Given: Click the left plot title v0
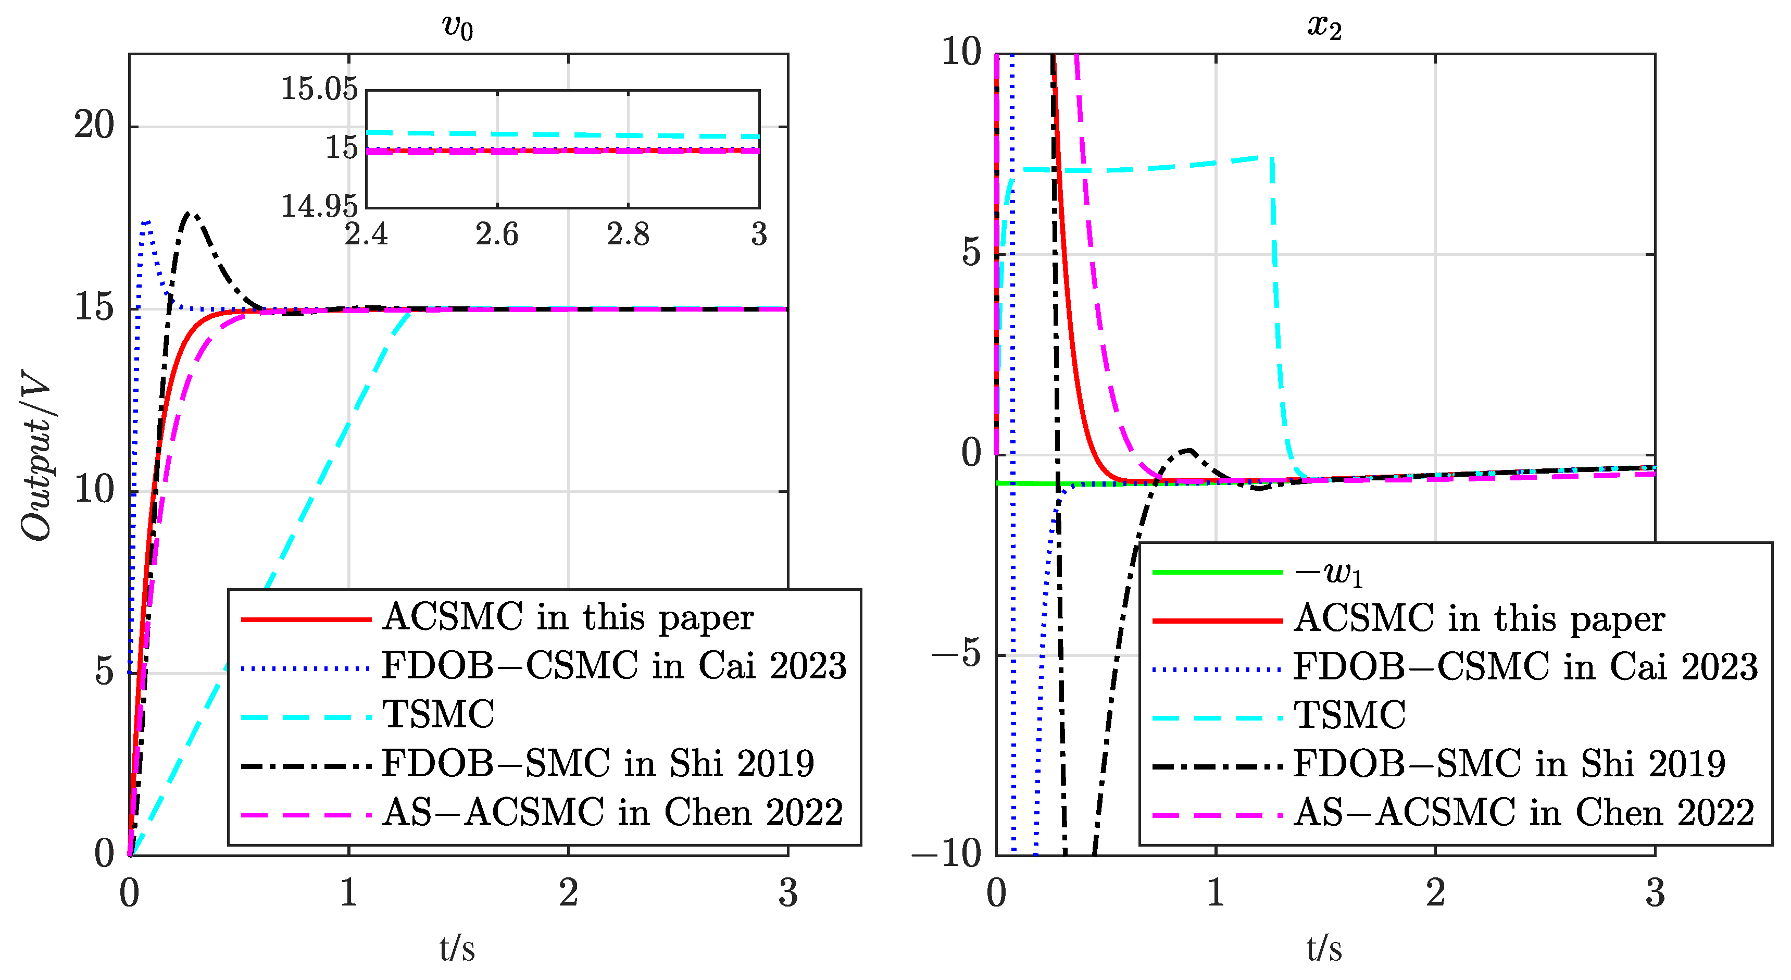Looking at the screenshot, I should coord(457,28).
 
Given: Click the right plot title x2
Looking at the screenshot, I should coord(1324,28).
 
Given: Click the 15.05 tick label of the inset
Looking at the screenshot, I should coord(319,89).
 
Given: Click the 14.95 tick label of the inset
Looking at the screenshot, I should coord(319,206).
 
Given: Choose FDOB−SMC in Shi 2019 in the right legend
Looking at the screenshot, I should coord(1509,764).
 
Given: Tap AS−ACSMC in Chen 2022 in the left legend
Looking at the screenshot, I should coord(612,812).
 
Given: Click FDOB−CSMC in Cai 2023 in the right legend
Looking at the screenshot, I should coord(1525,666).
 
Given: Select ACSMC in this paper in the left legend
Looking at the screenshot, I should coord(568,617).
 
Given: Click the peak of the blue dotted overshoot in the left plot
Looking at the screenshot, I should coord(146,222).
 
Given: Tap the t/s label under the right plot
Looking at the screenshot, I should coord(1324,949).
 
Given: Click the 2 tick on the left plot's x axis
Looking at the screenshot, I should coord(568,893).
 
